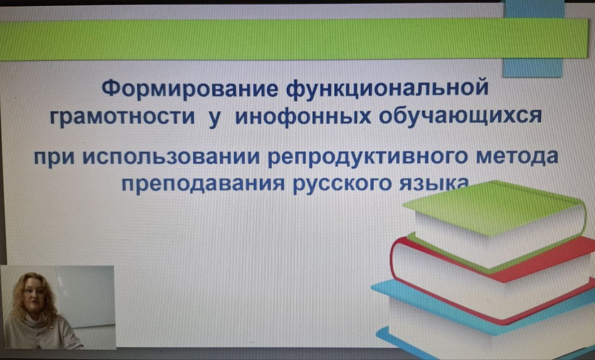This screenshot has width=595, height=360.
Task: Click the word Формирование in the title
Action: pos(190,88)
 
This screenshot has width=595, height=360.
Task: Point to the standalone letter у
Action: pos(214,119)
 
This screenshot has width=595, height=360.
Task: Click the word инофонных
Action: pos(303,118)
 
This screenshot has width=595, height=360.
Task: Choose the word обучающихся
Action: pos(460,118)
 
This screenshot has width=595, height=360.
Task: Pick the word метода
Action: pos(516,157)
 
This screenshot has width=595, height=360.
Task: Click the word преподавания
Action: pos(203,184)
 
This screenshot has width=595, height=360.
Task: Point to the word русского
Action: pos(343,185)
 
